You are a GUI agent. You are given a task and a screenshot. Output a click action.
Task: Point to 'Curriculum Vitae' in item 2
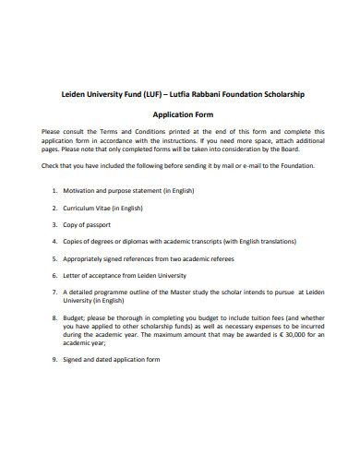90,208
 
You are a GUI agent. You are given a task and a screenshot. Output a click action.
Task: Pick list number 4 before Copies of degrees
54,242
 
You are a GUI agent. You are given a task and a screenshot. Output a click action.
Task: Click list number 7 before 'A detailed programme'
54,292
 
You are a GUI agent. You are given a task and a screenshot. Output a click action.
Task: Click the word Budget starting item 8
77,317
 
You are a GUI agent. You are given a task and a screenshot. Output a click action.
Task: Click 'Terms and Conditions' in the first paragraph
121,131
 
